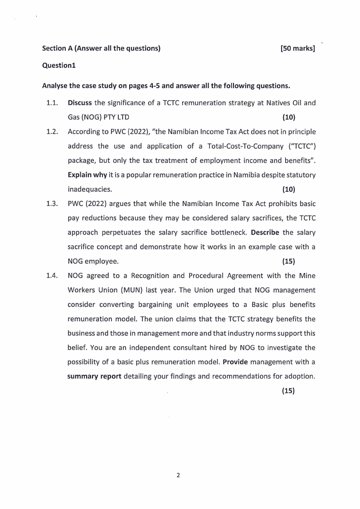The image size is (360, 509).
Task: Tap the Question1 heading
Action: coord(58,65)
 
